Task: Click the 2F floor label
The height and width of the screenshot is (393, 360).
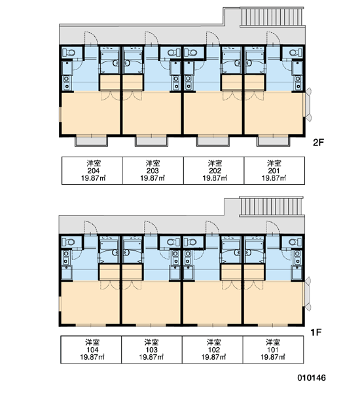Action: coord(318,142)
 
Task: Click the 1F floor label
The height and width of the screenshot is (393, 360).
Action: coord(315,332)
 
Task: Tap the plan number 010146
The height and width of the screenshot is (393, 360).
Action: coord(312,378)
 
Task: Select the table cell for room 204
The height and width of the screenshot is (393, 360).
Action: coord(92,171)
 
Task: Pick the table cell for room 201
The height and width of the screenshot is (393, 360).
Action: coord(274,171)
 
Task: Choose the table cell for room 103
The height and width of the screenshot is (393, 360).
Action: coord(152,350)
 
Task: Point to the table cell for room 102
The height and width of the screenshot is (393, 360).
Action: coord(213,350)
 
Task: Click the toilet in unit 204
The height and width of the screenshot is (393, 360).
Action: coord(69,52)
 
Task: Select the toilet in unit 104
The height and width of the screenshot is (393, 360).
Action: coord(68,242)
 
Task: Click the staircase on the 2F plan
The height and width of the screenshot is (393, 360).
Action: coord(272,16)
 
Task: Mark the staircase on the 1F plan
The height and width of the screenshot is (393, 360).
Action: coord(272,206)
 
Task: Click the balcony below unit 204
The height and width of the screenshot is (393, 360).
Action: coord(92,141)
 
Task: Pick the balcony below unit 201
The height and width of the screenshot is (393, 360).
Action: coord(274,141)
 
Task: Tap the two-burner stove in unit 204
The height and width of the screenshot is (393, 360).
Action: coord(67,83)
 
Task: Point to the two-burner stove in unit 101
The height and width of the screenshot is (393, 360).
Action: coord(297,257)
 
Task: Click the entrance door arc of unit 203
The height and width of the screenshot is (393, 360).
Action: coord(152,38)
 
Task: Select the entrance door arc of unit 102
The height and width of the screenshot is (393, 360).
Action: coord(213,227)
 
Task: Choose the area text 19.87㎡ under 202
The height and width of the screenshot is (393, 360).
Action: coord(215,178)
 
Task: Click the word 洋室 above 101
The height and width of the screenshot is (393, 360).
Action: coord(273,342)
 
